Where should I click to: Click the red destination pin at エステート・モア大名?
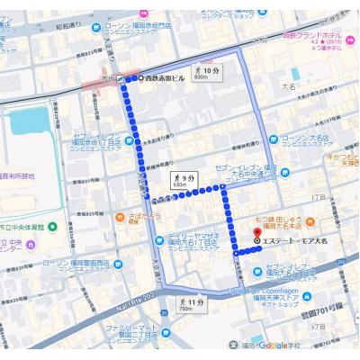click(x=257, y=240)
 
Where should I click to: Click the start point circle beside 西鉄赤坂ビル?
click(x=139, y=78)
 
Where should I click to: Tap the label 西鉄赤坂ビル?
click(x=166, y=78)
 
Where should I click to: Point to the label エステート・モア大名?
click(x=292, y=240)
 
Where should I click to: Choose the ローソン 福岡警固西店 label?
click(x=72, y=266)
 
